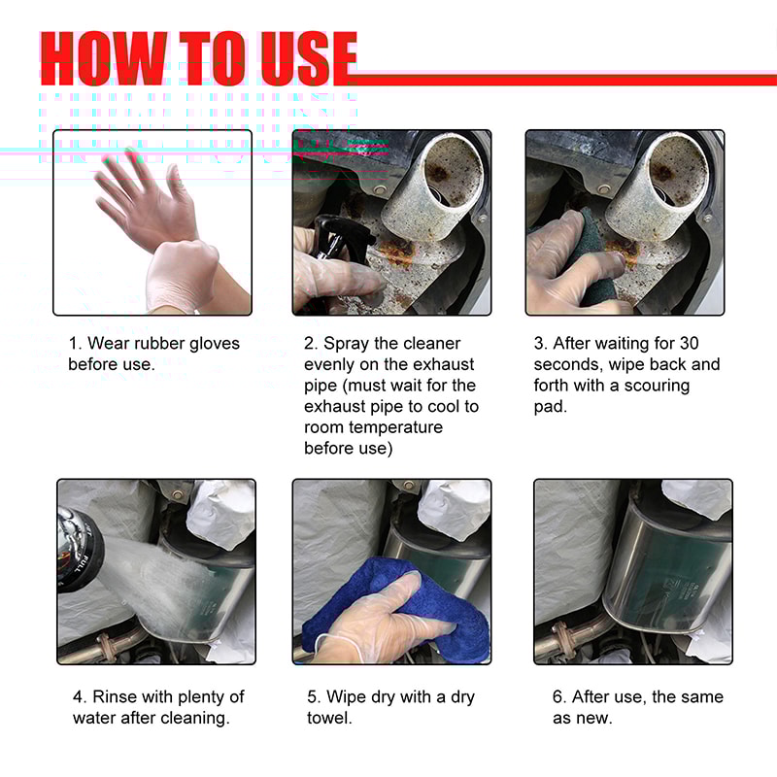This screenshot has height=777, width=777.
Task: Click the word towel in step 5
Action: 328,719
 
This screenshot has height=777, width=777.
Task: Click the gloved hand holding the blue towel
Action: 388,622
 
